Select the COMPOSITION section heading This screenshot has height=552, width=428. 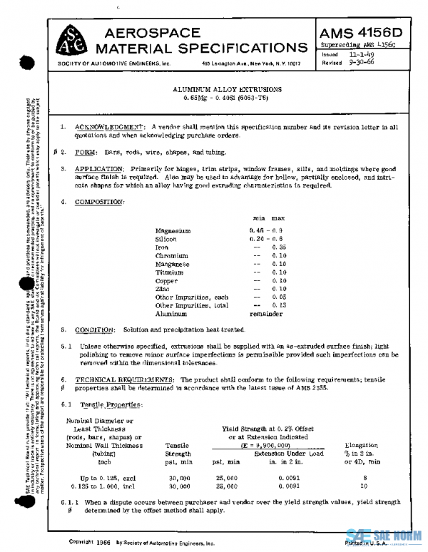[x=103, y=203]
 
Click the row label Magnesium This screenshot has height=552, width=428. [x=173, y=231]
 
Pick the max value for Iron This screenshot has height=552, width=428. [x=277, y=247]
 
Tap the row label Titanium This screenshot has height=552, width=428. [x=169, y=272]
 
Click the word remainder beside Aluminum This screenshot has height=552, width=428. [x=267, y=313]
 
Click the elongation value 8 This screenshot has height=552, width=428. [x=364, y=477]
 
